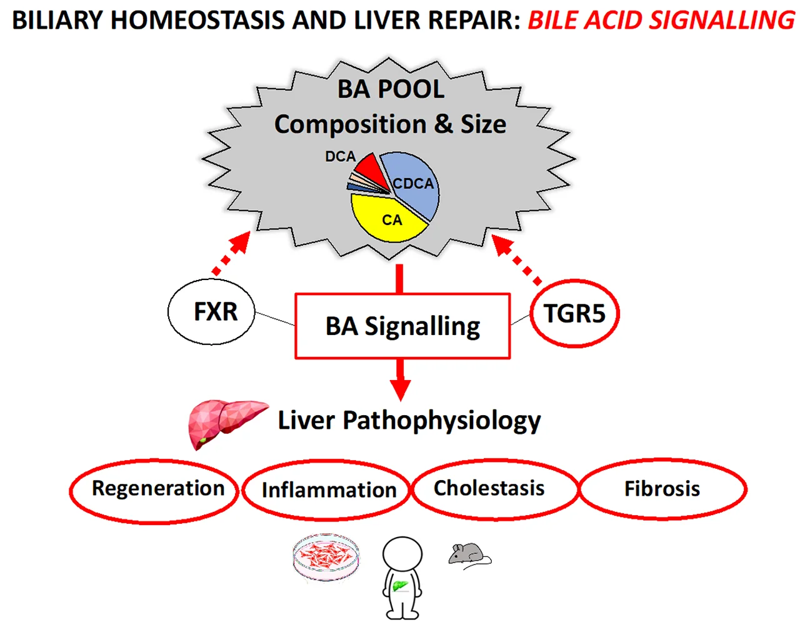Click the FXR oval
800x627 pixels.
coord(212,312)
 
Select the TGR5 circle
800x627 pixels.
coord(574,313)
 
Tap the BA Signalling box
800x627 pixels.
coord(402,326)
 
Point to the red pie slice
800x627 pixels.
coord(367,167)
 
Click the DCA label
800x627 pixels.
coord(340,156)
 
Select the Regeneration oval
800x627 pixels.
coord(155,489)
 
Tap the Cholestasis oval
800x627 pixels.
coord(494,489)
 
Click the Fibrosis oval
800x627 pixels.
coord(662,489)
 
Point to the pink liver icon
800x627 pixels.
coord(225,421)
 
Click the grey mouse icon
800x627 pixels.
coord(469,554)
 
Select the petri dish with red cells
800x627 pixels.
coord(326,556)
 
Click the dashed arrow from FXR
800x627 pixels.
coord(231,253)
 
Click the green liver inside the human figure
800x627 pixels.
coord(399,586)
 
